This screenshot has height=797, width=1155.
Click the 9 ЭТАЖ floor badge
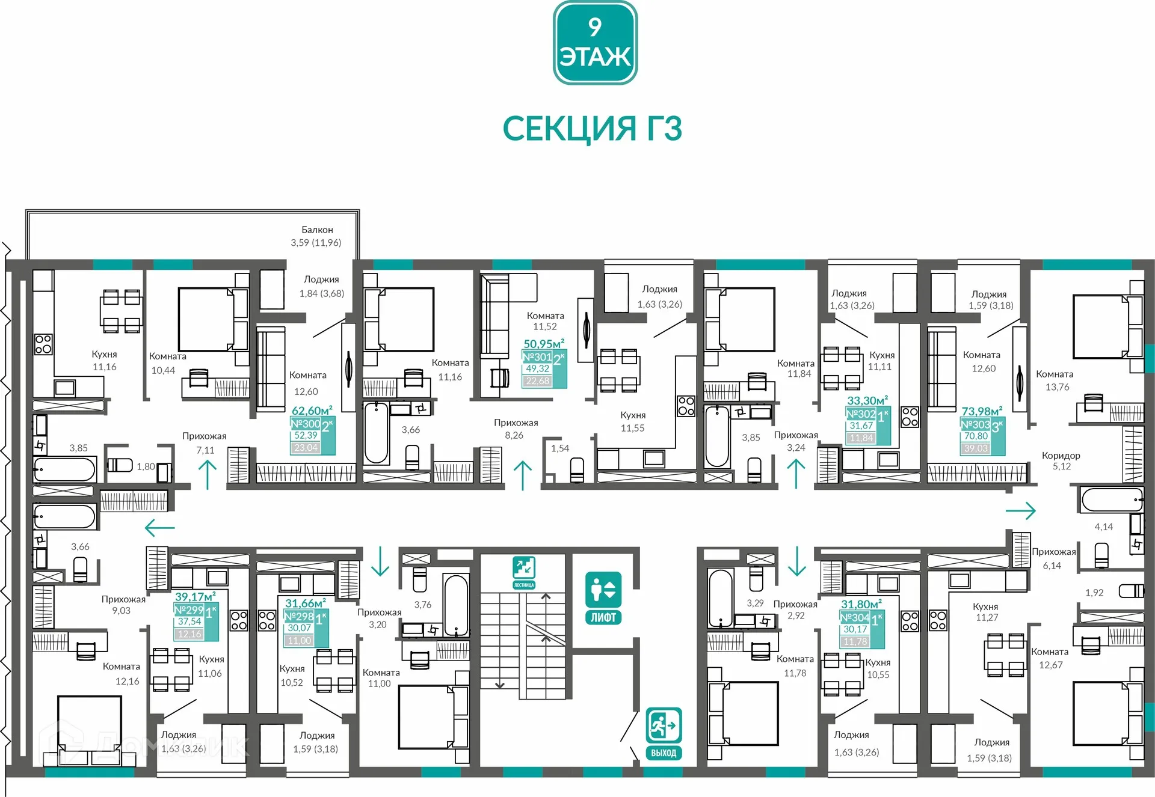pyautogui.click(x=594, y=43)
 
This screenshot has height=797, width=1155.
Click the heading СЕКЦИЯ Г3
pyautogui.click(x=592, y=129)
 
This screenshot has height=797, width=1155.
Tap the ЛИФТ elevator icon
pyautogui.click(x=603, y=598)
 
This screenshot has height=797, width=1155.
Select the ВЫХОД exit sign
pyautogui.click(x=664, y=733)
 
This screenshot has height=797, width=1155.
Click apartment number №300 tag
pyautogui.click(x=306, y=424)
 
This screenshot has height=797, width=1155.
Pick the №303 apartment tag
pyautogui.click(x=975, y=424)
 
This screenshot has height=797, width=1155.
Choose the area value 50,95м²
pyautogui.click(x=544, y=344)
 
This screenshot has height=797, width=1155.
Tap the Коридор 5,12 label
pyautogui.click(x=1061, y=460)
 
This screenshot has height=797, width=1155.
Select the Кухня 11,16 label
pyautogui.click(x=104, y=361)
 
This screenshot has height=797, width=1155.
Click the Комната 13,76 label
pyautogui.click(x=1055, y=380)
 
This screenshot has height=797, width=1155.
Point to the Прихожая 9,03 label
pyautogui.click(x=123, y=605)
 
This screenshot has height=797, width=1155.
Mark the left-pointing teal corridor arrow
pyautogui.click(x=159, y=528)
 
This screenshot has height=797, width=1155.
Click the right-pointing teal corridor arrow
pyautogui.click(x=1021, y=511)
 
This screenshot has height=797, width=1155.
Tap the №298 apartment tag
pyautogui.click(x=299, y=617)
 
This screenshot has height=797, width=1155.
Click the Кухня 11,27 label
pyautogui.click(x=986, y=612)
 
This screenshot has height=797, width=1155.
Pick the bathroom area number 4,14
pyautogui.click(x=1103, y=527)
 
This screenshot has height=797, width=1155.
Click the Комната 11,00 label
pyautogui.click(x=380, y=678)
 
